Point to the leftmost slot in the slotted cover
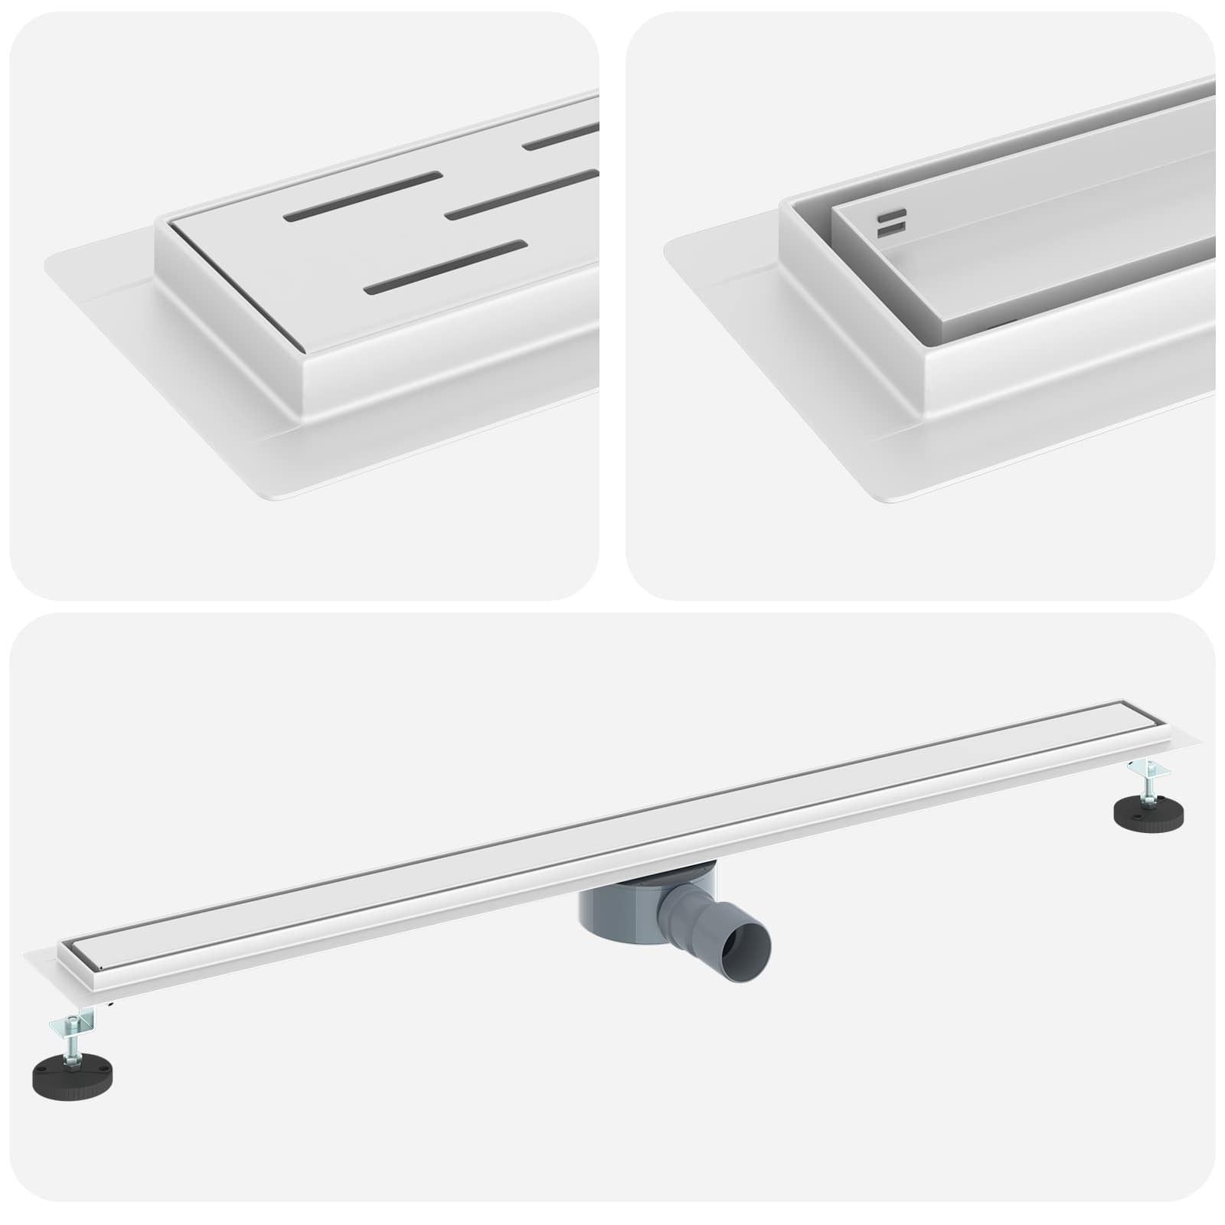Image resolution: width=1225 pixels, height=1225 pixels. [363, 196]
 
